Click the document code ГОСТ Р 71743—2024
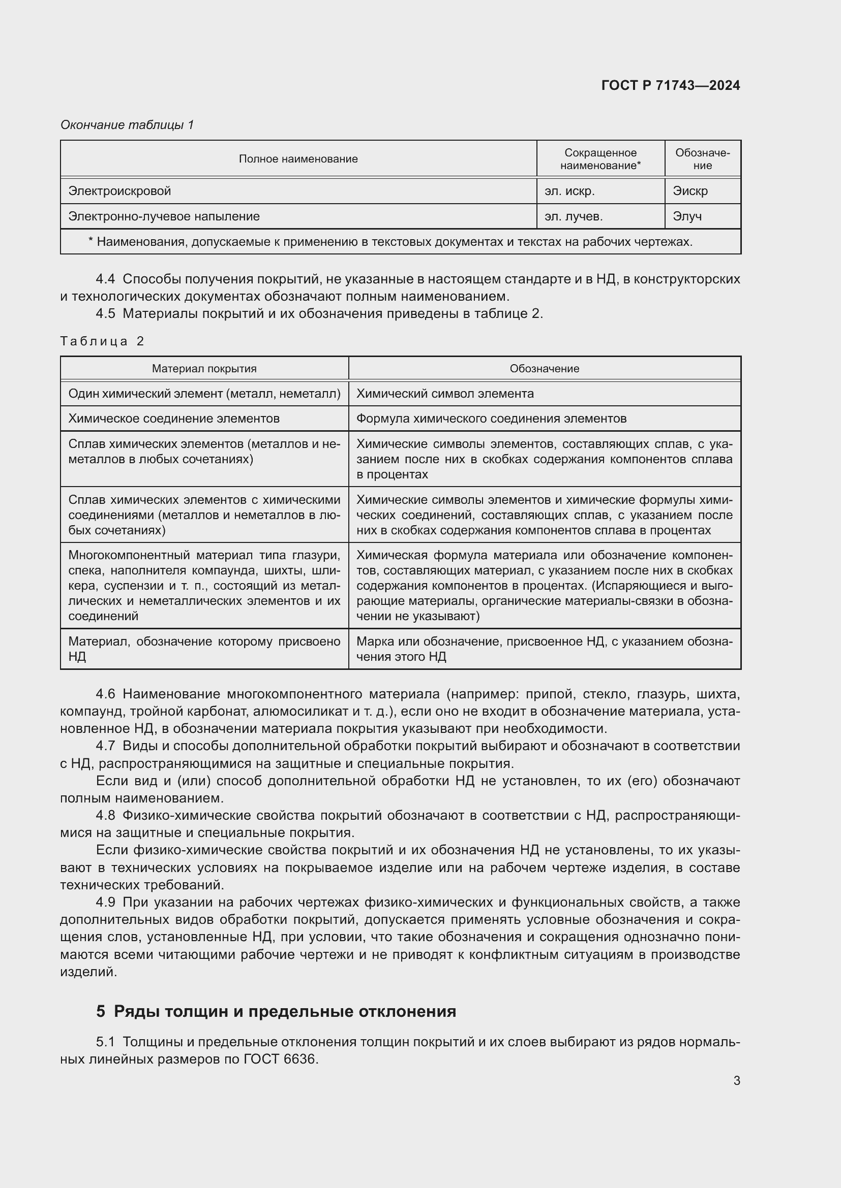coord(670,85)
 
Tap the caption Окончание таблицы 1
coord(127,125)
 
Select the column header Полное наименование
coord(298,159)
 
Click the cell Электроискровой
coord(119,191)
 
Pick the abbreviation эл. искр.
coord(569,191)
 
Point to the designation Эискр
coord(690,191)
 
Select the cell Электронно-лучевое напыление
coord(164,216)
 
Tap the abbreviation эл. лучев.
coord(573,216)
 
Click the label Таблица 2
coord(102,341)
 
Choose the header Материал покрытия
coord(204,368)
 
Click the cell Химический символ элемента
coord(445,393)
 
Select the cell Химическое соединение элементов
coord(173,418)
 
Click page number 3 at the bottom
coord(736,1080)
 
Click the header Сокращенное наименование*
coord(600,159)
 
